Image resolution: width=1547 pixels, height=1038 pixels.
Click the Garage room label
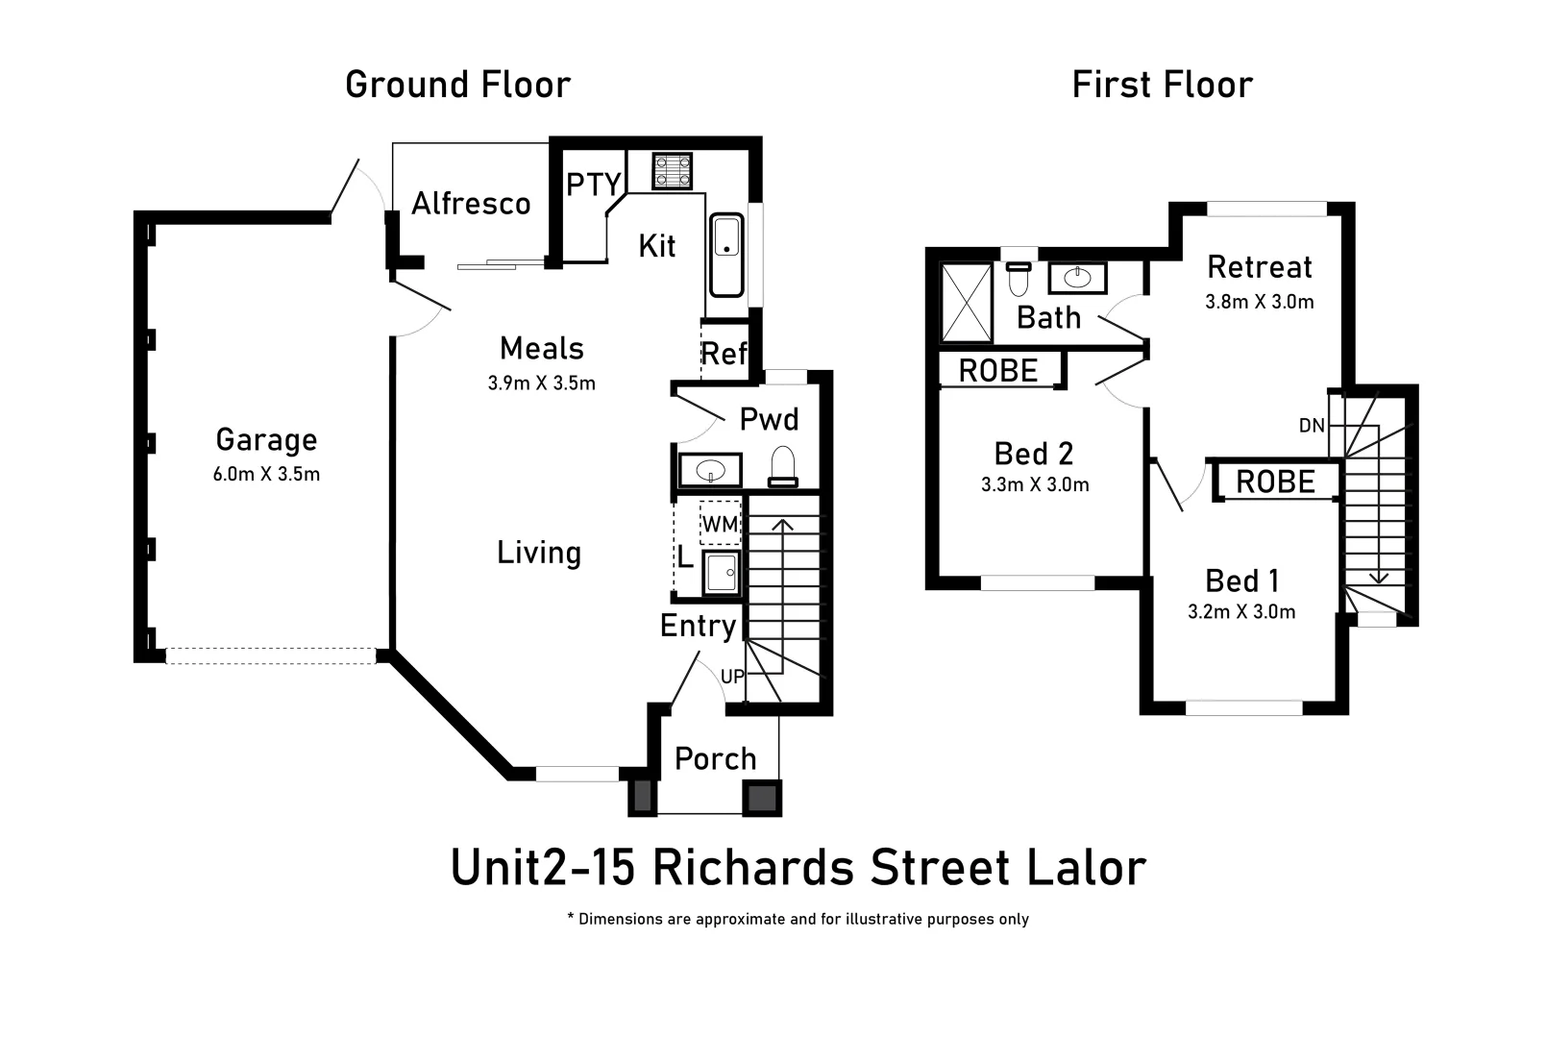pos(266,439)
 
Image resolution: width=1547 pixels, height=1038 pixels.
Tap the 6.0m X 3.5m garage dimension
pos(266,474)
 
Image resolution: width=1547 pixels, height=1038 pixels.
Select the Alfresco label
pos(471,204)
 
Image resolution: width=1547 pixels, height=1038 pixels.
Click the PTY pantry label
pos(593,184)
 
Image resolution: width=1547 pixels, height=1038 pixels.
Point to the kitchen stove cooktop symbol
pos(672,171)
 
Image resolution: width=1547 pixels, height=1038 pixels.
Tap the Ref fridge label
pos(724,354)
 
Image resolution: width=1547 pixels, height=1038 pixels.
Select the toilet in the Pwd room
pos(783,466)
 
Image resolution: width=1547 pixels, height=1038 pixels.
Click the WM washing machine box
pos(720,524)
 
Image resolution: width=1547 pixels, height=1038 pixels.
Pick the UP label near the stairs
pos(732,677)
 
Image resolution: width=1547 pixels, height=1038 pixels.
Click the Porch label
pos(715,758)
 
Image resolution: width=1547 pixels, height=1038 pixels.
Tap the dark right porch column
pos(762,798)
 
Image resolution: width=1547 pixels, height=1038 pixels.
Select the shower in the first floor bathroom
pos(966,302)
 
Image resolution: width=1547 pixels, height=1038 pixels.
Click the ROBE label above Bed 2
pos(998,371)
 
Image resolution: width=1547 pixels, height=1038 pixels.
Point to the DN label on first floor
pos(1311,425)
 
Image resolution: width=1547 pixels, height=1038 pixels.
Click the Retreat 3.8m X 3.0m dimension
pos(1259,302)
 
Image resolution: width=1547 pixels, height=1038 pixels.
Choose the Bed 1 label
pos(1241,581)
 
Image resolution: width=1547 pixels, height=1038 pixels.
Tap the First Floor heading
pos(1162,85)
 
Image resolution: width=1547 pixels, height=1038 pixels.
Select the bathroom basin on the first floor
pos(1076,278)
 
